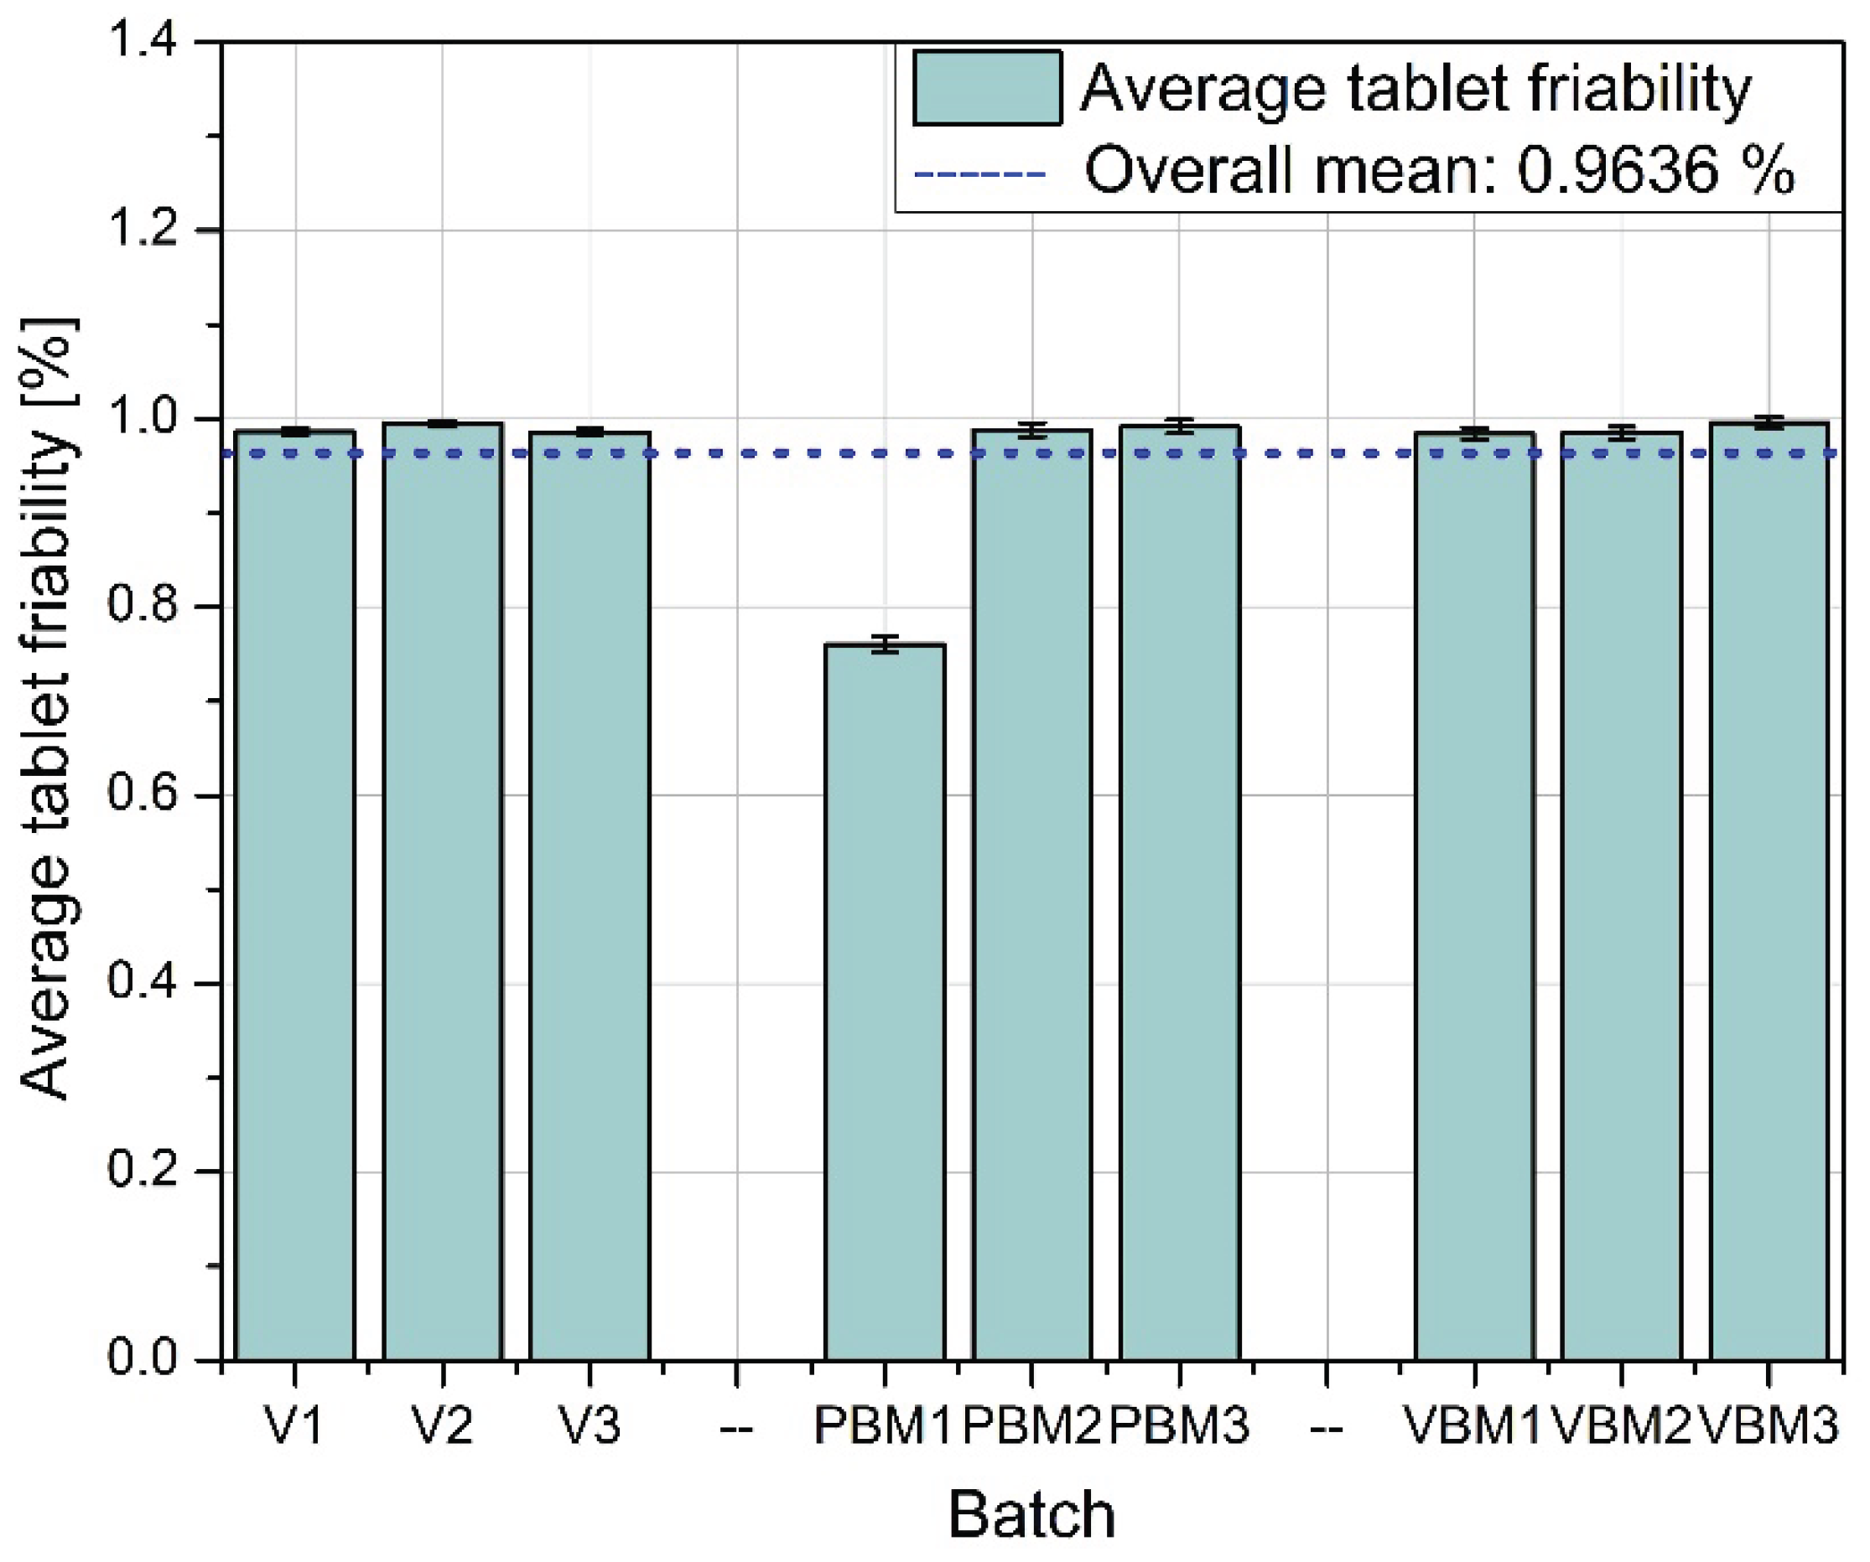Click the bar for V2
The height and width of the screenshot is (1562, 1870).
443,890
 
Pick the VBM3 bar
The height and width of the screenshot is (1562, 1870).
1769,890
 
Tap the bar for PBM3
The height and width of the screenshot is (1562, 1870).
1179,890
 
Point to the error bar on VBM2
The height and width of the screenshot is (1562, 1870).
1622,432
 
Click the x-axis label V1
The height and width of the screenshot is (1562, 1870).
294,1428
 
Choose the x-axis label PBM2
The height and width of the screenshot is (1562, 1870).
1032,1428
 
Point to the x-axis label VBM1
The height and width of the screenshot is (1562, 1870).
1473,1428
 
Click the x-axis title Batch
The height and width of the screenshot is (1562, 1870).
1031,1515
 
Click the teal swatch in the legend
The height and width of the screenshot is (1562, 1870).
987,87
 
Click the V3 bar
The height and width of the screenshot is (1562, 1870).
590,890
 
